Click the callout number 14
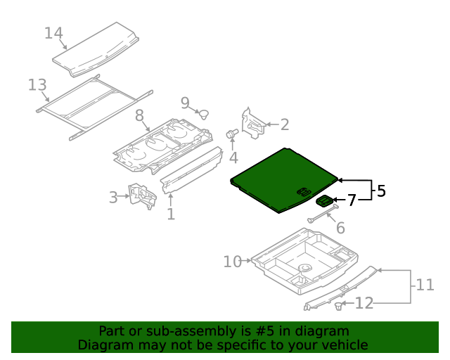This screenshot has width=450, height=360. [53, 33]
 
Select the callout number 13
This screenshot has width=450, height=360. [37, 85]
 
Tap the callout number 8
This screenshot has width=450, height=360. [139, 115]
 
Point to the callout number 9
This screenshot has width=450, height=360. [185, 103]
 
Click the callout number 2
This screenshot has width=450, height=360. [285, 125]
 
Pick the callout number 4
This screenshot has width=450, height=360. [233, 157]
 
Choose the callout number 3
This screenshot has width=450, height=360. [113, 198]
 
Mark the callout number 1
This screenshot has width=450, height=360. [170, 213]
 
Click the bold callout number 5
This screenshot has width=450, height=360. [381, 191]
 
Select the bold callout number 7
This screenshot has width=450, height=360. [352, 200]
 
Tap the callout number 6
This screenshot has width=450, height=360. [340, 228]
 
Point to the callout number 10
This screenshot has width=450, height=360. [232, 262]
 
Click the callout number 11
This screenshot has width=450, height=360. [425, 285]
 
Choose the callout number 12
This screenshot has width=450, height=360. [364, 303]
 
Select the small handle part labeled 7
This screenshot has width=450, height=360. [325, 202]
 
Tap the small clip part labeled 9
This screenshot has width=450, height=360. [204, 115]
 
